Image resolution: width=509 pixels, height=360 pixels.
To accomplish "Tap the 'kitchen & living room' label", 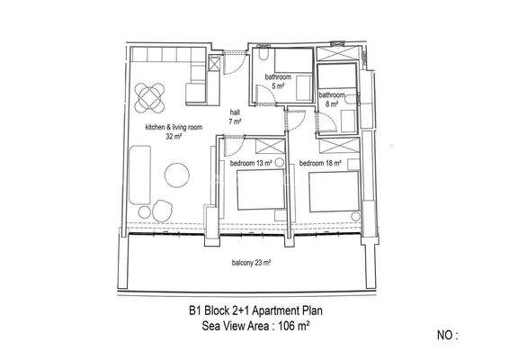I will point(174,128).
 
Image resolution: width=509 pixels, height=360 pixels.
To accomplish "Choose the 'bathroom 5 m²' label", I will point(279,82).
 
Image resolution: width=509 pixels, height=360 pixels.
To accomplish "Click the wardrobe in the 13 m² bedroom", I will point(271,145).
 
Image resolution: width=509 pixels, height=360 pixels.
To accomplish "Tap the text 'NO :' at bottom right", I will point(445,335).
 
